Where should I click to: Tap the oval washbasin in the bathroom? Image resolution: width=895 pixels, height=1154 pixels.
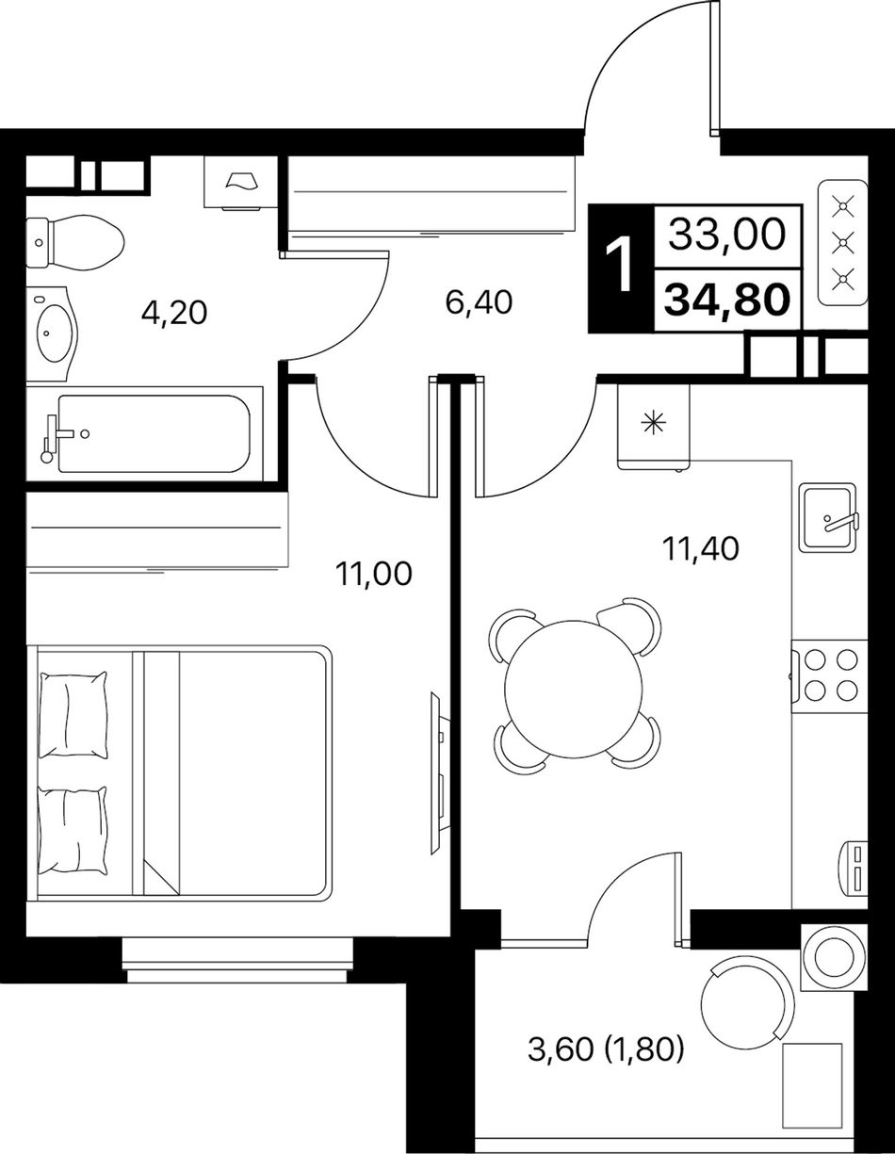(54, 333)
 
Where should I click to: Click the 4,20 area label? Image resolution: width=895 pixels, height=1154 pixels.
(174, 313)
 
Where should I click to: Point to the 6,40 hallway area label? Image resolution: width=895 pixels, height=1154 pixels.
(480, 302)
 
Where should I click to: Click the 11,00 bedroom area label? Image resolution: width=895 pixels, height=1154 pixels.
(374, 574)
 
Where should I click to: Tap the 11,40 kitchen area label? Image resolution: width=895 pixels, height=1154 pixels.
(700, 548)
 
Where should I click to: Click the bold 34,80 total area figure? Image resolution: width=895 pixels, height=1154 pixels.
(727, 299)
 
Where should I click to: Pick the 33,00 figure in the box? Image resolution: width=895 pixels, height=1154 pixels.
(726, 235)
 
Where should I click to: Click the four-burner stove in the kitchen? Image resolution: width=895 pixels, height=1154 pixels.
(830, 677)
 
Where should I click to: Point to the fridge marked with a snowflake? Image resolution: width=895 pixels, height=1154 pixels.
(654, 426)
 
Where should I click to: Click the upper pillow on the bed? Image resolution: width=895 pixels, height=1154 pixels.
(73, 715)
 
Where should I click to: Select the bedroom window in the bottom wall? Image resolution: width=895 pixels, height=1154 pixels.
(236, 960)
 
